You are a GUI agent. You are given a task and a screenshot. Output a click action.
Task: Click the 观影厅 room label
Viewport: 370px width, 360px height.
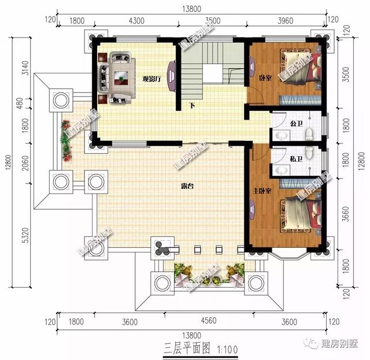pos(151,79)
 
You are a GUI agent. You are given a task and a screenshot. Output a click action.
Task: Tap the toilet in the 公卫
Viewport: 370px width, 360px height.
pos(309,134)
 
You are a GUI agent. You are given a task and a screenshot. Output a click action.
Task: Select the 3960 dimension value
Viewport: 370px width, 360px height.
pos(286,20)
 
